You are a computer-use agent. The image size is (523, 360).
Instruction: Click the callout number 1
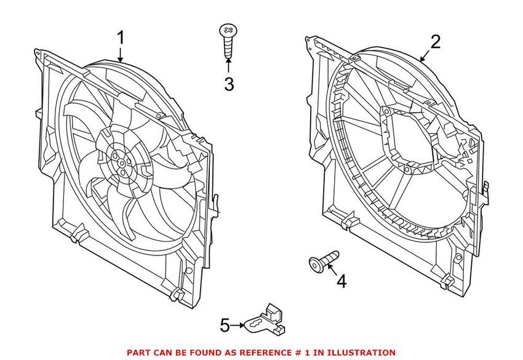[121, 39]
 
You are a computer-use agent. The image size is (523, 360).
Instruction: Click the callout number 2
[435, 42]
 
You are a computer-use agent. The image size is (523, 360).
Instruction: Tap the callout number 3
[229, 84]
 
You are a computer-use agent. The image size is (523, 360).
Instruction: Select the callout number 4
[341, 281]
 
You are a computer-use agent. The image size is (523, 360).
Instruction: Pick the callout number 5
[225, 324]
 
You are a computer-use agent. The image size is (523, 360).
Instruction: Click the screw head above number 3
[228, 30]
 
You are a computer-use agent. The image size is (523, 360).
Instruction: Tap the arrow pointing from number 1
[121, 54]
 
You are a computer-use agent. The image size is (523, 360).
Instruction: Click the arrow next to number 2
[423, 55]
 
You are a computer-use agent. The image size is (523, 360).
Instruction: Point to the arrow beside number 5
[238, 324]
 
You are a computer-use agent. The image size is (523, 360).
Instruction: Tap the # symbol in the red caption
[297, 353]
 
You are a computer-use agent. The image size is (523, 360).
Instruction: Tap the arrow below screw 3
[228, 66]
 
